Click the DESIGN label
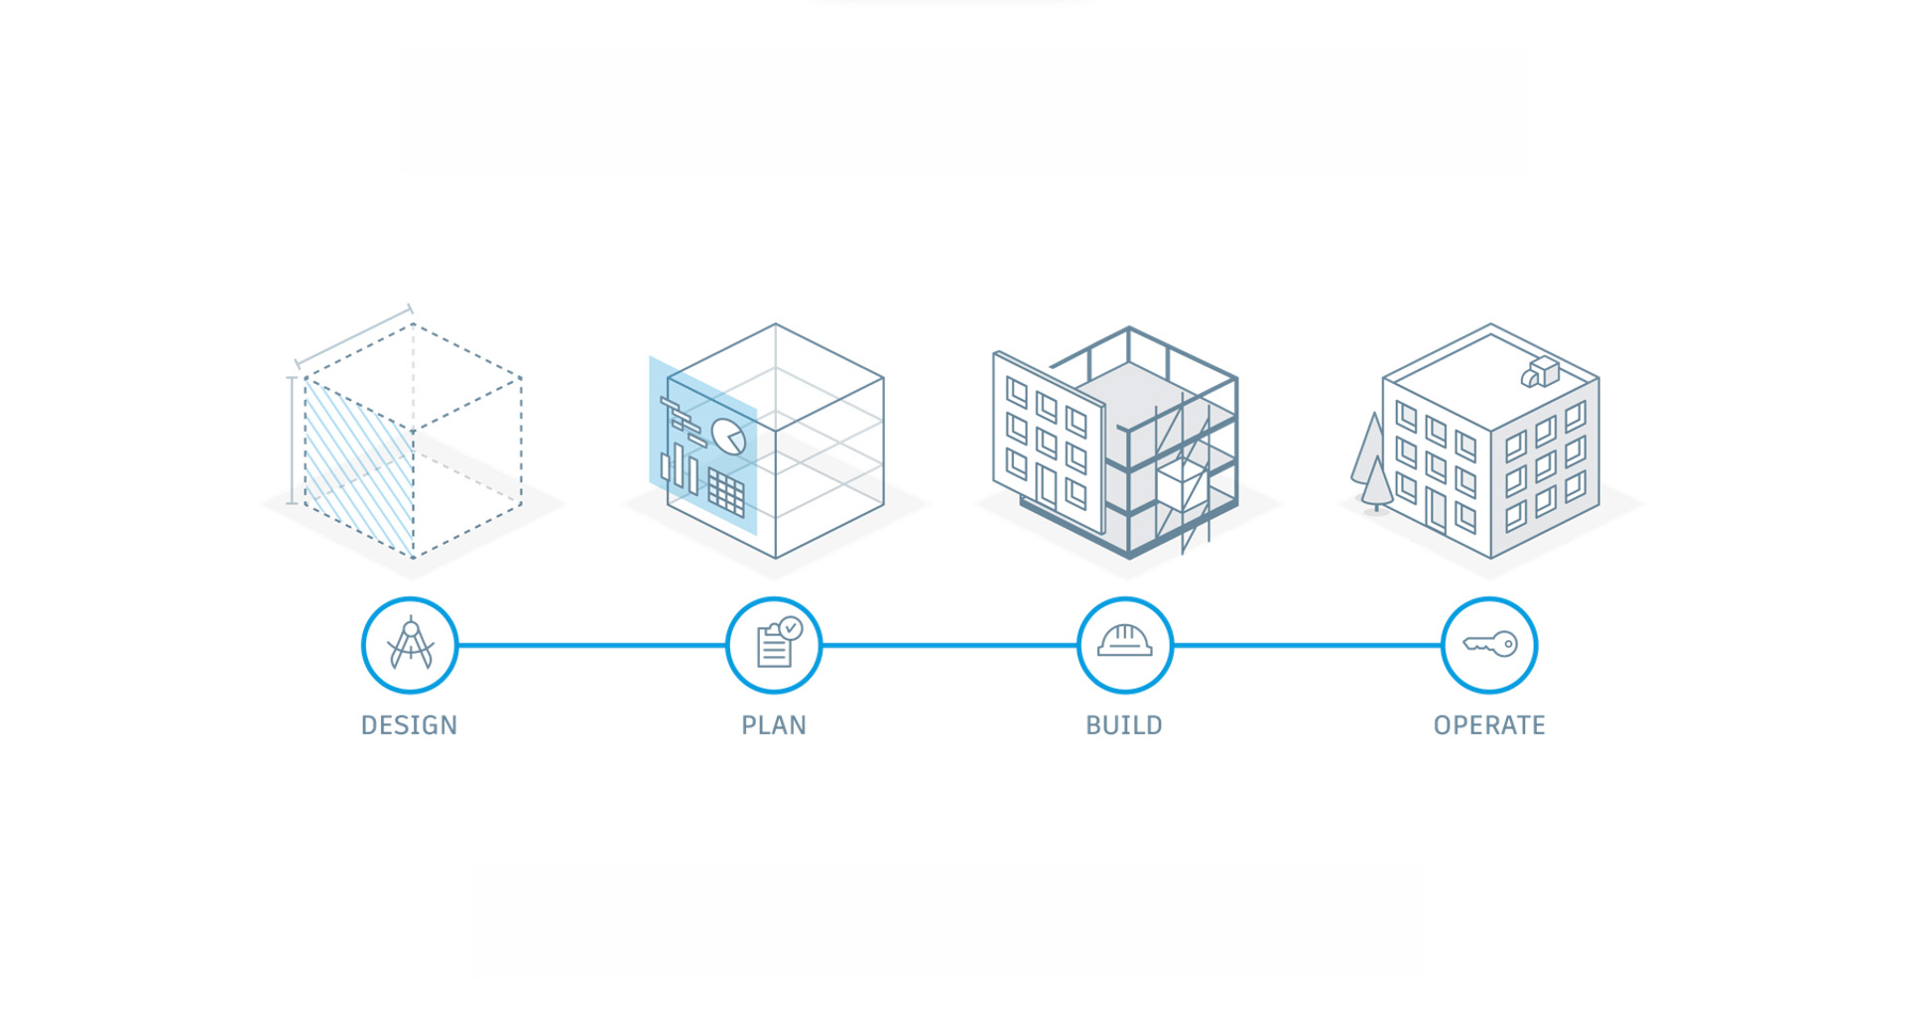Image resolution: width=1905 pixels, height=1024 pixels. click(409, 725)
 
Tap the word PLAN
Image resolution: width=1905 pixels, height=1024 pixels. click(774, 725)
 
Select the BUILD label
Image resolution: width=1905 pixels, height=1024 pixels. click(1124, 725)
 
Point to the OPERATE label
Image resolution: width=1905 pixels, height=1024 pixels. click(1489, 725)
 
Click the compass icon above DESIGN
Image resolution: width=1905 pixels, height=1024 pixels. click(410, 645)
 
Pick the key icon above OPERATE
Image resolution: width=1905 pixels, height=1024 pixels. click(1489, 645)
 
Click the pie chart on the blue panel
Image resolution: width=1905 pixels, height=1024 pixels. click(729, 437)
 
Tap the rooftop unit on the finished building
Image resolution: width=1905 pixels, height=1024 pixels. click(1540, 372)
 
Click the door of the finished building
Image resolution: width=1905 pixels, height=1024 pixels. click(1436, 507)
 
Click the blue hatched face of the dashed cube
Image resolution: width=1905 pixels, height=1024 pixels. click(358, 466)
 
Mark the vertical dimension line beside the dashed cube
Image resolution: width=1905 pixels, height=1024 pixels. click(291, 441)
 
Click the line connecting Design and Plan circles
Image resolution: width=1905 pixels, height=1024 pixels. click(592, 645)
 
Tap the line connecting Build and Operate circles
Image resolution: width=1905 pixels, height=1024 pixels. click(1308, 645)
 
